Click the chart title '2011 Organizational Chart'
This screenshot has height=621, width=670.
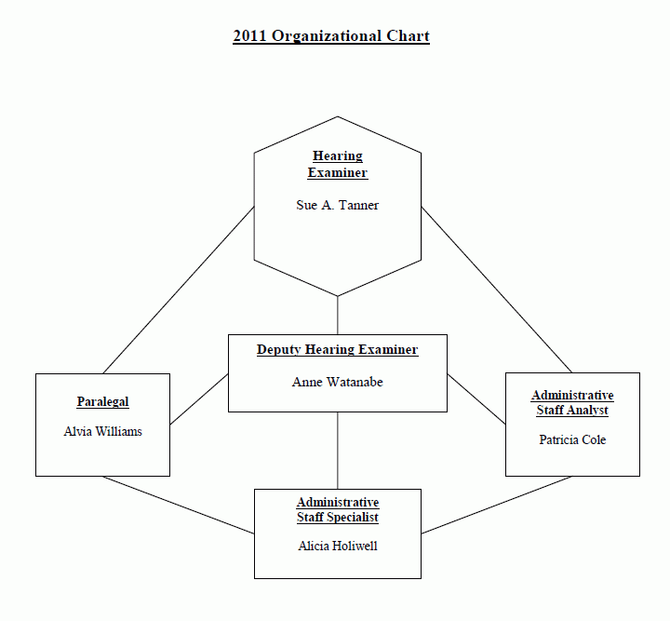pyautogui.click(x=331, y=36)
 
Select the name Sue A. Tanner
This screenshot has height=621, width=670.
pyautogui.click(x=338, y=205)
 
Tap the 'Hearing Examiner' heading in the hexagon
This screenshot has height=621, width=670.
pyautogui.click(x=338, y=164)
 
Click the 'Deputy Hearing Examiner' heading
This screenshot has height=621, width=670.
pyautogui.click(x=338, y=350)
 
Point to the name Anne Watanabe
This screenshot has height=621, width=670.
pyautogui.click(x=338, y=382)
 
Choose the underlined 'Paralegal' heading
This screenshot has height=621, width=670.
pyautogui.click(x=103, y=402)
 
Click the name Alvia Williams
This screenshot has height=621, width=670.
pyautogui.click(x=103, y=431)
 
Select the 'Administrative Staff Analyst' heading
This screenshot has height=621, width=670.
pyautogui.click(x=572, y=402)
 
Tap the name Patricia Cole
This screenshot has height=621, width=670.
pyautogui.click(x=572, y=439)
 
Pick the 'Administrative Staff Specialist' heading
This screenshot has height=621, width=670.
pyautogui.click(x=338, y=509)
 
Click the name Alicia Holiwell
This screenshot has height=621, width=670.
pyautogui.click(x=338, y=546)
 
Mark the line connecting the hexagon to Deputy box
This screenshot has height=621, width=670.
pyautogui.click(x=338, y=315)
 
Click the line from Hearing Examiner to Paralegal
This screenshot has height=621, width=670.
pyautogui.click(x=179, y=290)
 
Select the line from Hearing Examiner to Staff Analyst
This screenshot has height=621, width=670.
pyautogui.click(x=497, y=290)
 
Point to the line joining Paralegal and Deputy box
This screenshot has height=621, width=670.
pyautogui.click(x=199, y=399)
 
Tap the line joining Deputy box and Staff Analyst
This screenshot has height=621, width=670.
pyautogui.click(x=476, y=399)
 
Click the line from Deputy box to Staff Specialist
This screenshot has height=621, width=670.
pyautogui.click(x=338, y=451)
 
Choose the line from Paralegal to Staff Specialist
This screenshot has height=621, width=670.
pyautogui.click(x=179, y=506)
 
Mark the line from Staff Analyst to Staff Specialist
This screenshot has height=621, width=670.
pyautogui.click(x=497, y=505)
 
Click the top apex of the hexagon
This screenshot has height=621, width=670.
pyautogui.click(x=338, y=116)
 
